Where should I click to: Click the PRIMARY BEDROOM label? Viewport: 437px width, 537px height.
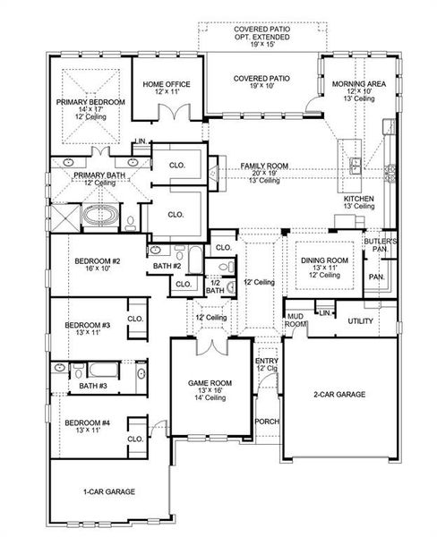(90, 103)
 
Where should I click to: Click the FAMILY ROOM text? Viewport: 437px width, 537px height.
(263, 166)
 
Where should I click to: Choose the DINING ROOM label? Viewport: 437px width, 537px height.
(322, 260)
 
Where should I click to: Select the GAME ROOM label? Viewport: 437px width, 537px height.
(210, 383)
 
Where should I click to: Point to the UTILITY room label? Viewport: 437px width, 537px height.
(360, 320)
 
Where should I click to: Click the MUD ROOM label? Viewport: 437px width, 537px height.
(296, 320)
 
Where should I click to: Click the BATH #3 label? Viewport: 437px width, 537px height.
(92, 386)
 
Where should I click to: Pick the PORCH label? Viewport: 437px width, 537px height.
(266, 421)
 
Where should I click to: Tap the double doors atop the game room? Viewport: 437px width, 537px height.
(210, 347)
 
